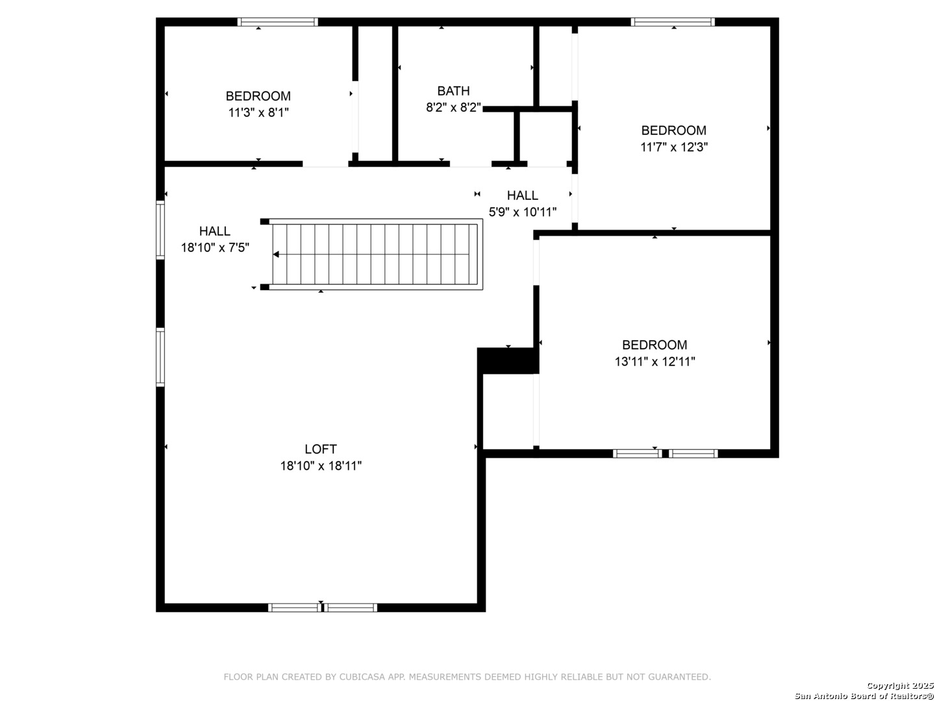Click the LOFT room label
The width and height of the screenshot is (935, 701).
pos(321,449)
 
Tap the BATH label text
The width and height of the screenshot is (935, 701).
pos(453,91)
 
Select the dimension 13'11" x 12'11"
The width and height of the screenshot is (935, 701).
pos(654,362)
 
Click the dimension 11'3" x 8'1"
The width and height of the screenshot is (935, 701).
pos(258,112)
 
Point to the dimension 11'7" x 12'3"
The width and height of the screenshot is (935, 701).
pos(674,147)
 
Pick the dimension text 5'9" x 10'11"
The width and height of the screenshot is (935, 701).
pos(522,212)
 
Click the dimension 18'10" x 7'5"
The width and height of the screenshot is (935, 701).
pos(215,247)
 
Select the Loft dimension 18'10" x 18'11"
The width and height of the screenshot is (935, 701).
pos(321,465)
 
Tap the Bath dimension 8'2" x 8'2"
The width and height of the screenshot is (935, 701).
pos(453,108)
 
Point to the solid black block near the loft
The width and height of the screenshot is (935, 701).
pos(508,361)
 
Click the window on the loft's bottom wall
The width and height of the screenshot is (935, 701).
pos(323,608)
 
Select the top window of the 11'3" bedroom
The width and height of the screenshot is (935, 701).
pos(277,22)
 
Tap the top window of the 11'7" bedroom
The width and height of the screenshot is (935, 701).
pos(673,22)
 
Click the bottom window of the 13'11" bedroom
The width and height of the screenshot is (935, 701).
pos(665,453)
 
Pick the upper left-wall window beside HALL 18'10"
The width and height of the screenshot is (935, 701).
pos(160,230)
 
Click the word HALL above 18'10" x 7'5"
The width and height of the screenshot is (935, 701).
pos(215,230)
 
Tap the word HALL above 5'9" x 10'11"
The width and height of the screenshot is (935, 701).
pos(522,195)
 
